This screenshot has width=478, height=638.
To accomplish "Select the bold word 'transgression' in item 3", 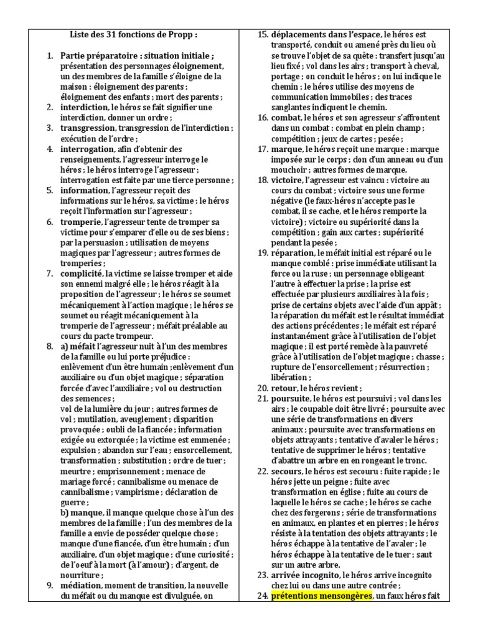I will [88, 128].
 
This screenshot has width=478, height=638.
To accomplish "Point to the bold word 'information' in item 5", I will [85, 191].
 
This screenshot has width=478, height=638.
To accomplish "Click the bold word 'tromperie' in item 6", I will [82, 222].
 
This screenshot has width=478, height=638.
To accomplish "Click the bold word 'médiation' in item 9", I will [82, 586].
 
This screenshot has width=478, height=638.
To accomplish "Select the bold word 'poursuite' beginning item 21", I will [291, 399].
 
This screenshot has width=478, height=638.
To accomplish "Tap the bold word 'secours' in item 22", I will [287, 472].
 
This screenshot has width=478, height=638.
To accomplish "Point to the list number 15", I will [262, 34].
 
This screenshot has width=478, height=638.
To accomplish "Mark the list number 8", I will [50, 346].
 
